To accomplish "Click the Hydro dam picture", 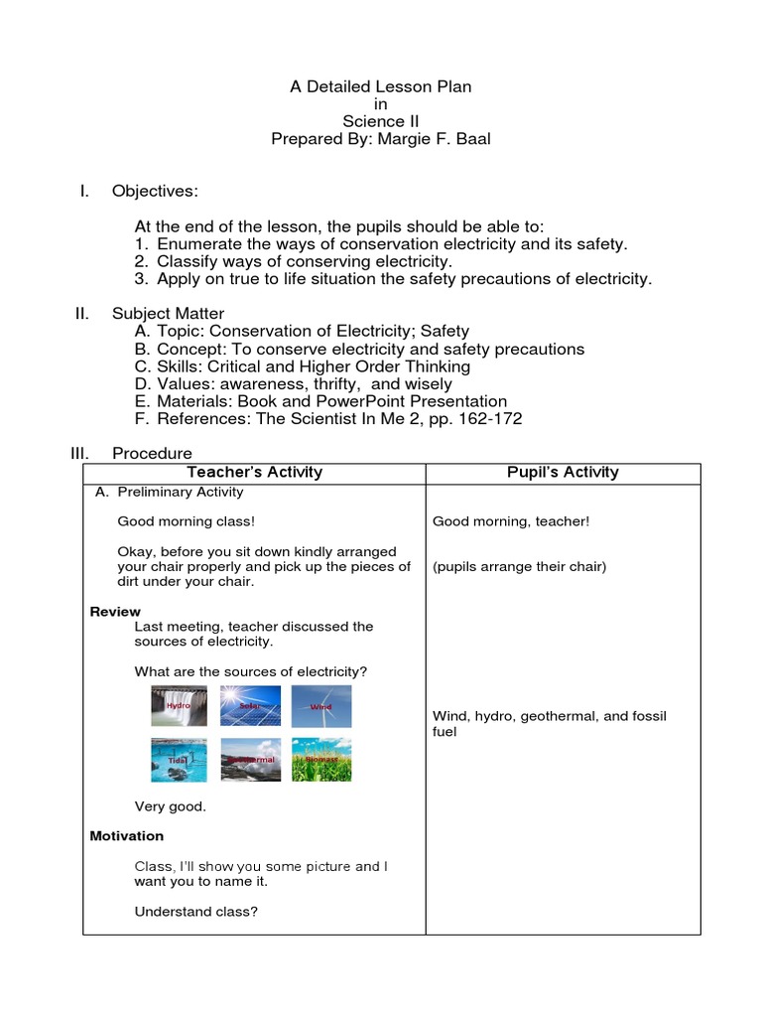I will (179, 706).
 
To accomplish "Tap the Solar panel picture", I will (250, 706).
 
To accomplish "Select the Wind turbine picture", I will (320, 706).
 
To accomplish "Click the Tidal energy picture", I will (179, 760).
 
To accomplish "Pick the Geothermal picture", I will (250, 760).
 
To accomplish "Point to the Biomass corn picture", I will (320, 760).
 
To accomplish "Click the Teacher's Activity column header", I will (255, 473).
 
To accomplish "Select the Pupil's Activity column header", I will (563, 473).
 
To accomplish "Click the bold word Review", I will (115, 612).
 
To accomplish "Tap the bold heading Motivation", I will (127, 836).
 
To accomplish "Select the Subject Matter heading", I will (169, 314).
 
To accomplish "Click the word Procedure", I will (152, 453).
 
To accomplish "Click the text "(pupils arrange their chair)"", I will (519, 567).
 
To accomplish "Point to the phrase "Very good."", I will (171, 806).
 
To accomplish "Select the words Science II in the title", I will (381, 122).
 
